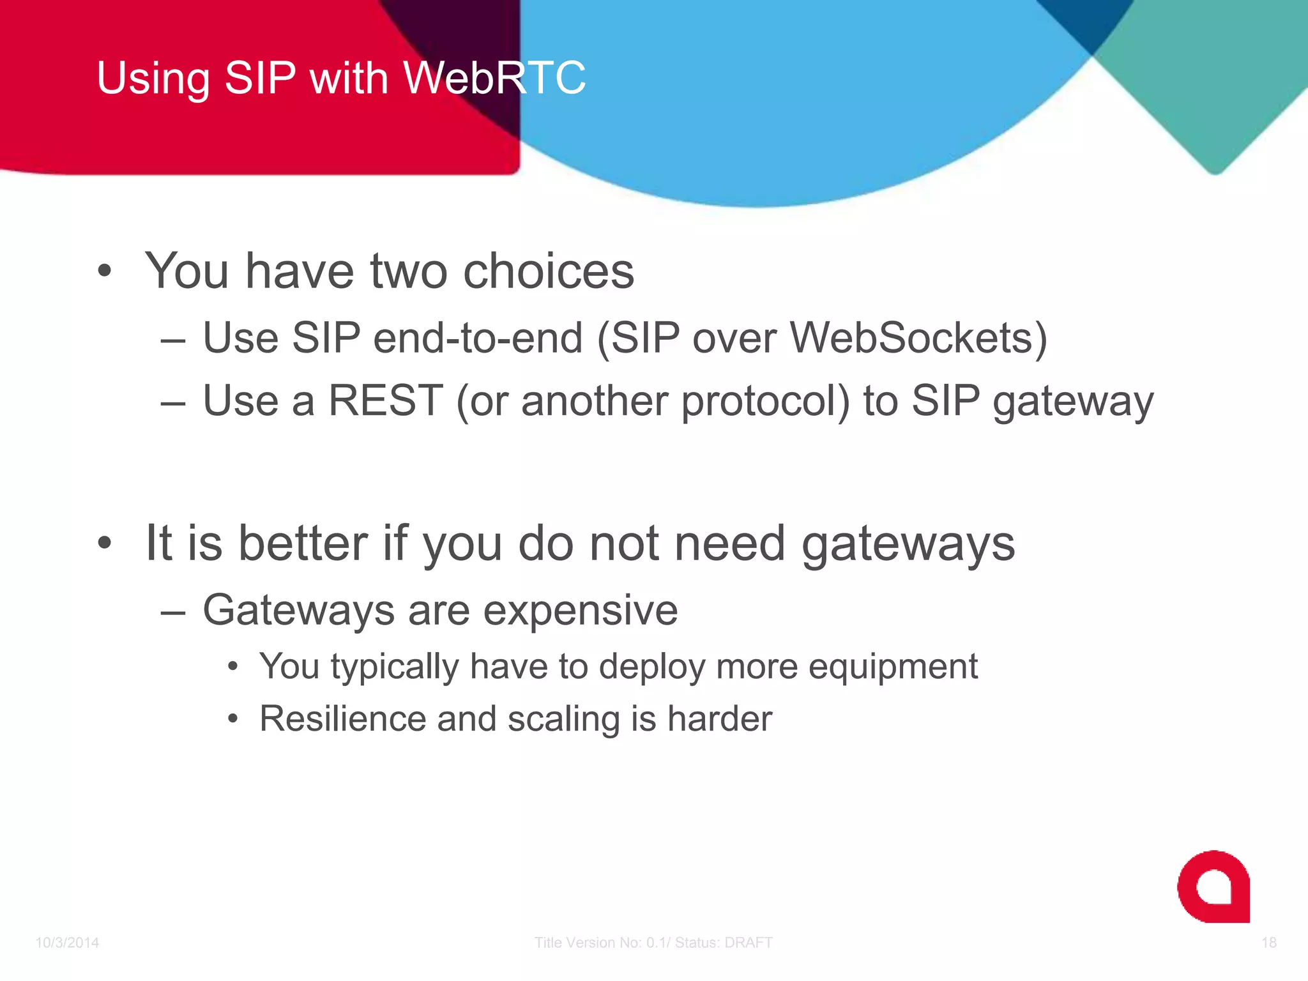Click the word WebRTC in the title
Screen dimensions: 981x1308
tap(494, 78)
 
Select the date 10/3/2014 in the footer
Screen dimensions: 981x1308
tap(67, 943)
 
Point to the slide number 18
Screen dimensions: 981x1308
tap(1268, 943)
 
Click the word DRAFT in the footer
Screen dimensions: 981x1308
tap(748, 943)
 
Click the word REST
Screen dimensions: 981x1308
tap(386, 400)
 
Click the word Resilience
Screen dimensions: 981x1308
tap(342, 719)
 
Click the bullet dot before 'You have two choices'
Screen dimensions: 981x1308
tap(105, 271)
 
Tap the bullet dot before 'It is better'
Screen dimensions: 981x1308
tap(105, 543)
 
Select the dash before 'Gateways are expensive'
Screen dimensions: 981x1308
tap(173, 612)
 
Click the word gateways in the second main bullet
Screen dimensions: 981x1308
tap(908, 544)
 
